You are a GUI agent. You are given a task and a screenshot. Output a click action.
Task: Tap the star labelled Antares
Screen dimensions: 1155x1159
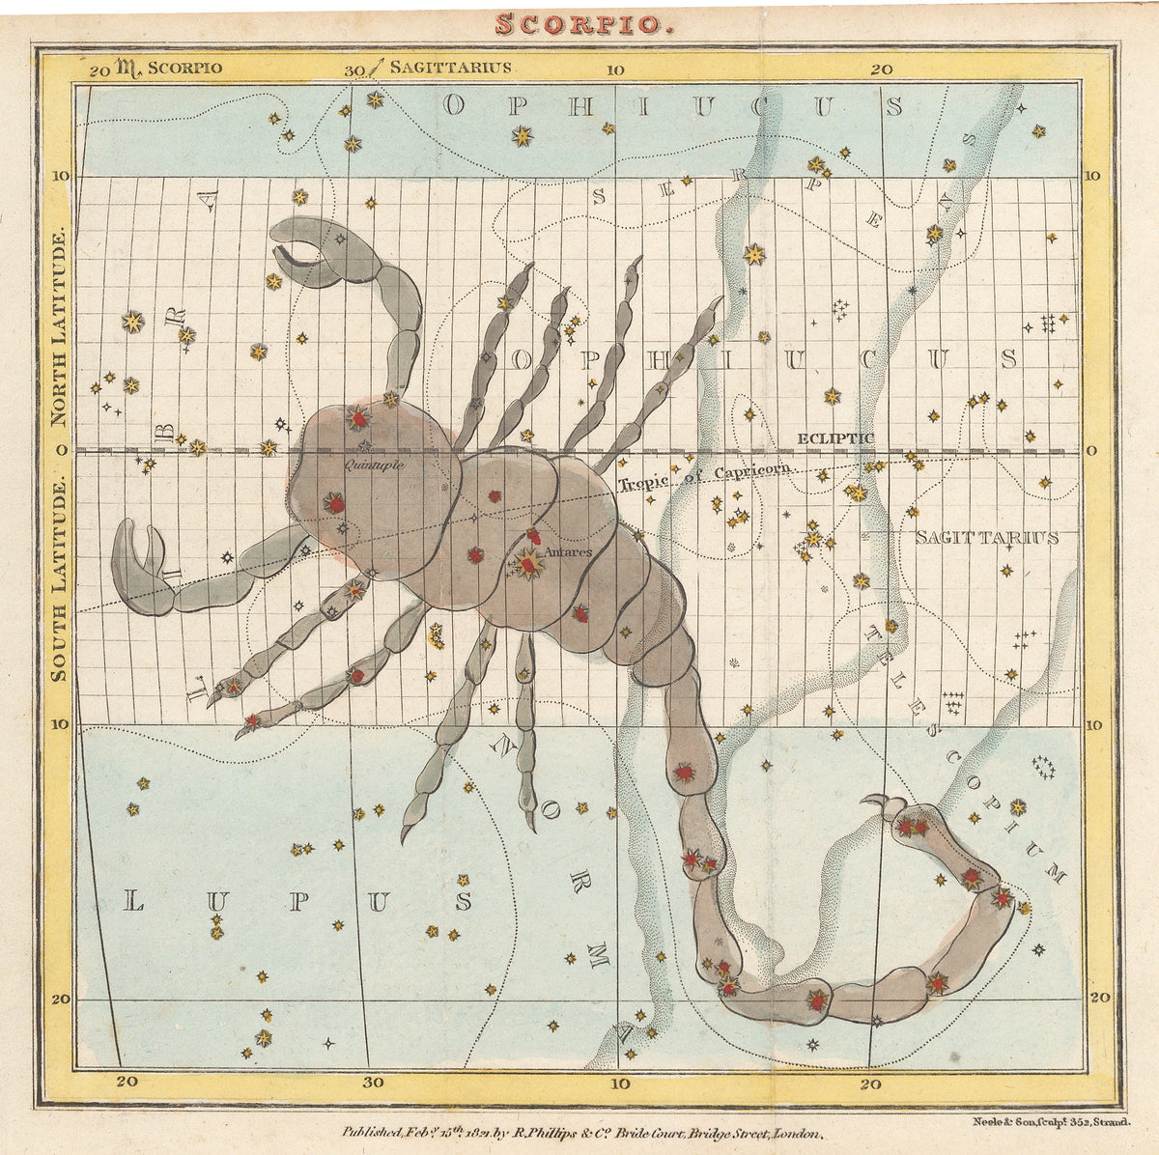pos(528,563)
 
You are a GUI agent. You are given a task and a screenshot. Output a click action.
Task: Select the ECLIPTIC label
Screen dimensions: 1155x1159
pos(835,438)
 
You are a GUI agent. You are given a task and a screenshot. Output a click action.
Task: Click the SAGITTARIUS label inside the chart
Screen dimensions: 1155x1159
pos(986,538)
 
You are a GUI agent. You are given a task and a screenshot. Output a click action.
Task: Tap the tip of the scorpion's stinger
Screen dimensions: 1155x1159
pos(875,800)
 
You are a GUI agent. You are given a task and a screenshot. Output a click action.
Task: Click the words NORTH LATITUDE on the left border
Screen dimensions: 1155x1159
pos(59,328)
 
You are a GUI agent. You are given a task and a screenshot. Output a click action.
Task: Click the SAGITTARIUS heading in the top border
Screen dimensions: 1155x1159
pos(450,68)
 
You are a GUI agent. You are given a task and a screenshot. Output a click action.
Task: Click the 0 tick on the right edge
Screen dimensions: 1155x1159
pos(1092,451)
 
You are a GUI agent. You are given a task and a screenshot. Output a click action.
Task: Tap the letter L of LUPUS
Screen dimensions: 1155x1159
pos(134,903)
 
